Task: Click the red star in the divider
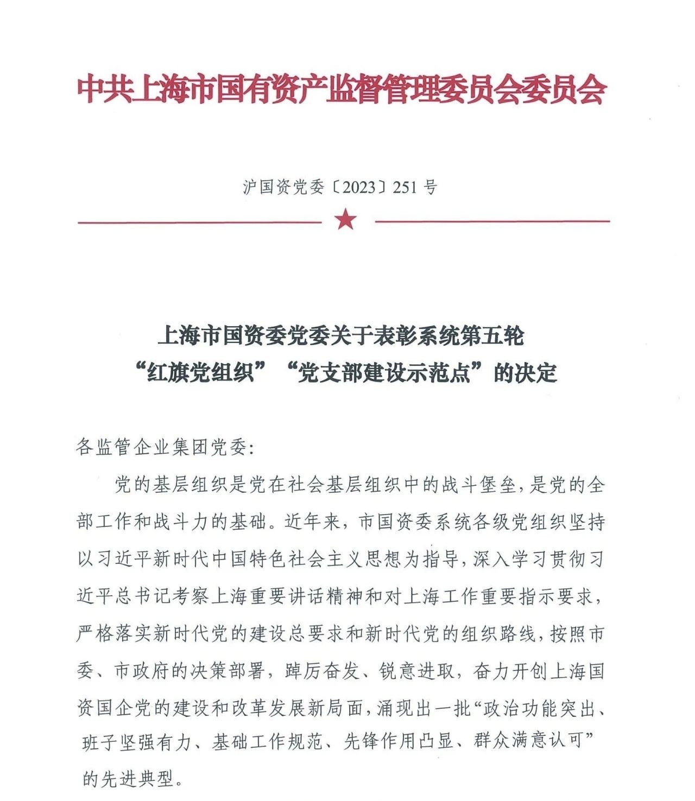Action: tap(346, 220)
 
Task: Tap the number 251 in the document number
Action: tap(405, 187)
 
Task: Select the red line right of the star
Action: tap(492, 221)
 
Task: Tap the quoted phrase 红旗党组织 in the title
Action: tap(200, 373)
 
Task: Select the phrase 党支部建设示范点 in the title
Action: tap(383, 373)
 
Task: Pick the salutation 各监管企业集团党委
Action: tap(161, 448)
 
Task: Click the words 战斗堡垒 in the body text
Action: tap(478, 485)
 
